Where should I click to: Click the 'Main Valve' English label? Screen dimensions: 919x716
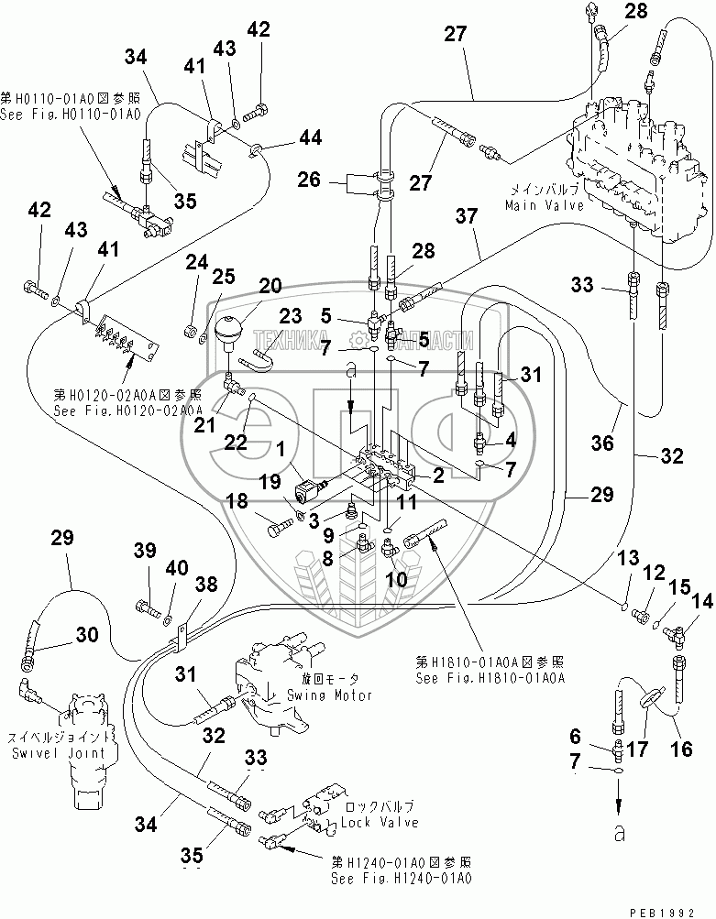(x=536, y=206)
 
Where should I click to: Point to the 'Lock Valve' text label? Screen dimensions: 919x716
(x=380, y=822)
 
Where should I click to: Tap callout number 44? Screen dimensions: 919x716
(x=311, y=139)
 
